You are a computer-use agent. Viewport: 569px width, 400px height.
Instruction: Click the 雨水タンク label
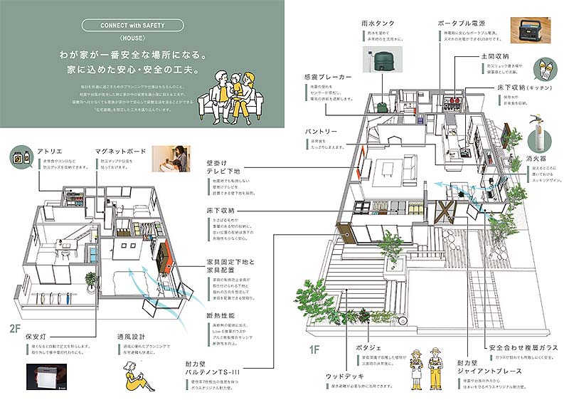pyautogui.click(x=378, y=23)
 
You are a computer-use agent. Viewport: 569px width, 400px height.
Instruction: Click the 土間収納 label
pyautogui.click(x=493, y=55)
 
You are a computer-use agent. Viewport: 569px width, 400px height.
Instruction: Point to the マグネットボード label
pyautogui.click(x=120, y=151)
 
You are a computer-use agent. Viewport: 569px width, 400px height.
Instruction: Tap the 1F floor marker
pyautogui.click(x=315, y=349)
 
